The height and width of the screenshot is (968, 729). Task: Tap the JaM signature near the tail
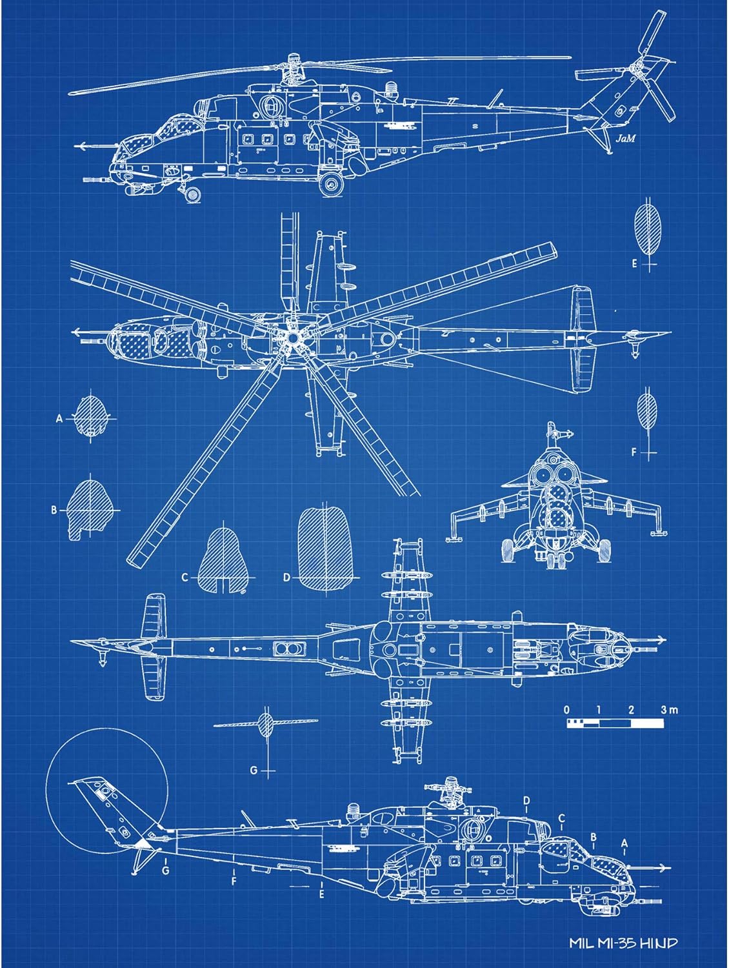624,138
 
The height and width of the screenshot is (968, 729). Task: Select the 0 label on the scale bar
567,711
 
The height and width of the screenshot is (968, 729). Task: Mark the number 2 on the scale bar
630,711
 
